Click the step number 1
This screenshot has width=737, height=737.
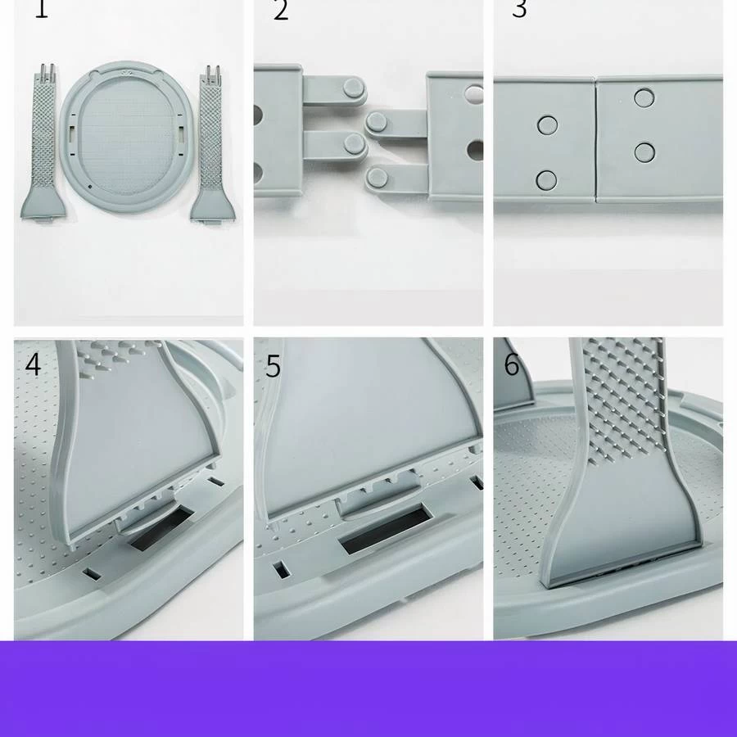pyautogui.click(x=42, y=8)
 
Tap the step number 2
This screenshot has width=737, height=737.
pyautogui.click(x=281, y=9)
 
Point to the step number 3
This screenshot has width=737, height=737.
pyautogui.click(x=519, y=8)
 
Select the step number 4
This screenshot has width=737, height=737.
pyautogui.click(x=33, y=364)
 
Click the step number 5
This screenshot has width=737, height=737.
pyautogui.click(x=273, y=366)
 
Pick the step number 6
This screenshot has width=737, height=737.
pyautogui.click(x=512, y=364)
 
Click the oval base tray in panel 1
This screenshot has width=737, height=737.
pyautogui.click(x=126, y=137)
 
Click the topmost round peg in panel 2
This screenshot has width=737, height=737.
pyautogui.click(x=354, y=88)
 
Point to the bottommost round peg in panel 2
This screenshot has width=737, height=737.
pyautogui.click(x=377, y=179)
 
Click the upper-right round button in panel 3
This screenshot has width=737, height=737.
pyautogui.click(x=644, y=97)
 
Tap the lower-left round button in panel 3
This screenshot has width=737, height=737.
pyautogui.click(x=546, y=180)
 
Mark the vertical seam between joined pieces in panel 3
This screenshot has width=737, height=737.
pyautogui.click(x=596, y=139)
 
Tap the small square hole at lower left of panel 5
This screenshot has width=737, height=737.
pyautogui.click(x=282, y=570)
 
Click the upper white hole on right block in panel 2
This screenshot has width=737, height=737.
pyautogui.click(x=474, y=94)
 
